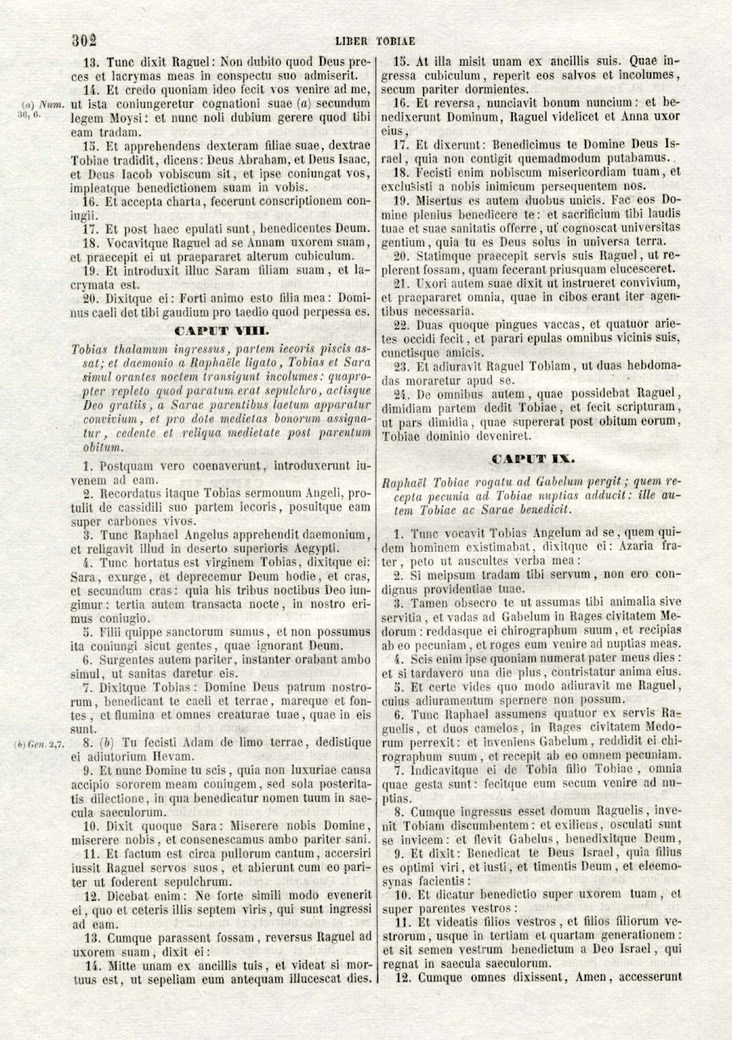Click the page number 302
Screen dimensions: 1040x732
(84, 40)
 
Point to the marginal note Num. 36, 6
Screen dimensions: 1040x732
(39, 110)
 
